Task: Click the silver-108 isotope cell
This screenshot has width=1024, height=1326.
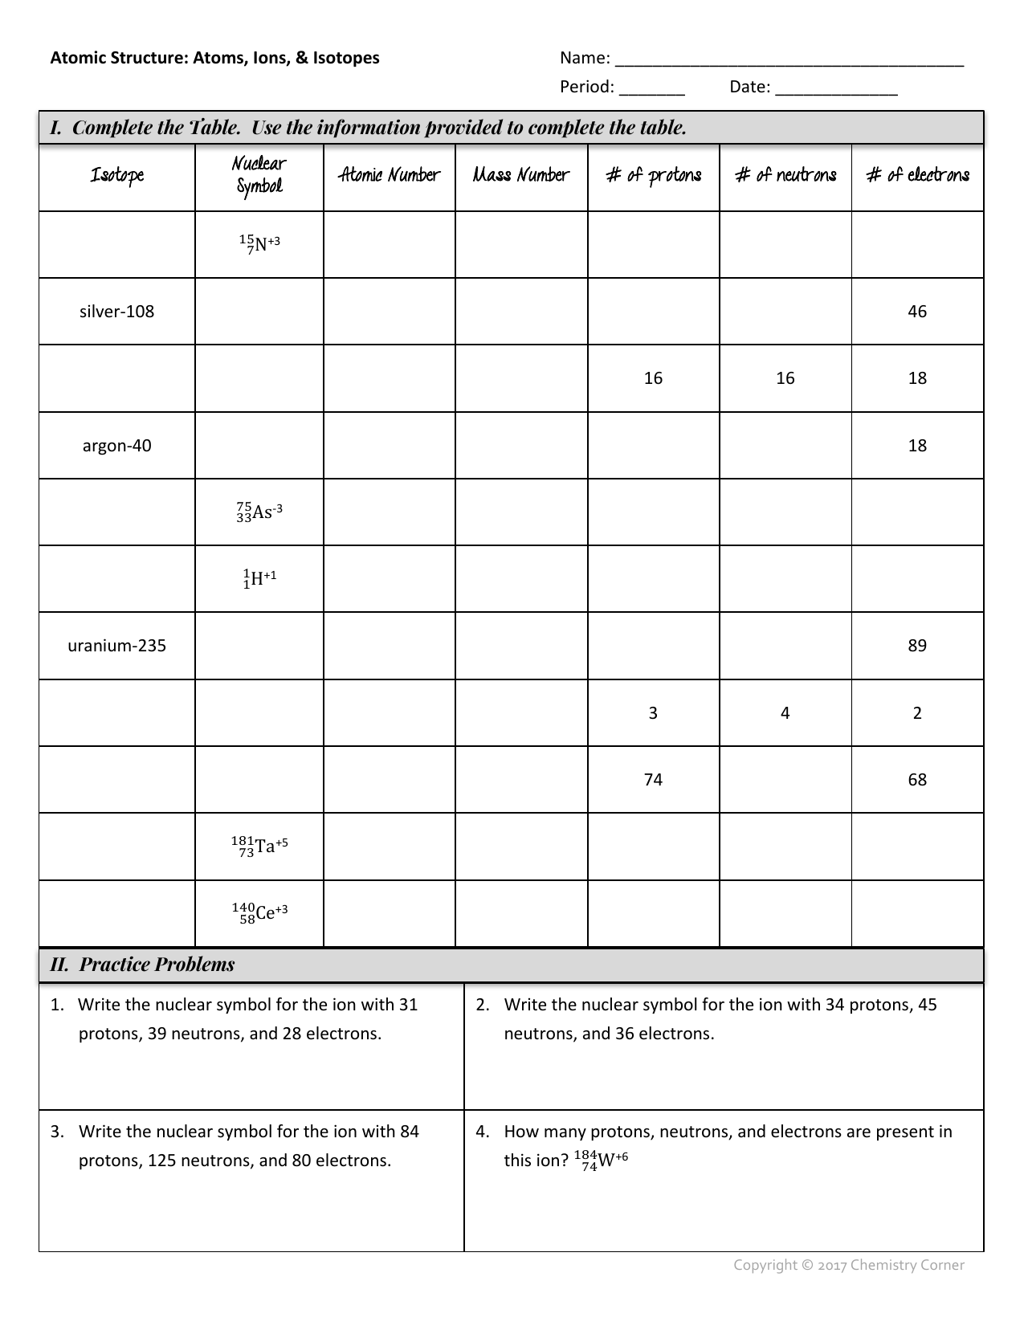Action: (116, 312)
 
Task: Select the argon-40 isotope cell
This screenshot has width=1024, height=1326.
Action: (116, 446)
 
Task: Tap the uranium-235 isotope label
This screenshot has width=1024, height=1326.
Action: (116, 646)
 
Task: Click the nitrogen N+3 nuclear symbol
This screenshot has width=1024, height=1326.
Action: (259, 243)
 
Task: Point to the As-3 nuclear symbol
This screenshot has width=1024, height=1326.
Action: (259, 512)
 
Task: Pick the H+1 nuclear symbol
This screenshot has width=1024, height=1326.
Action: (259, 578)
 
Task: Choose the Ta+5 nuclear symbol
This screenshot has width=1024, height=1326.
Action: (259, 846)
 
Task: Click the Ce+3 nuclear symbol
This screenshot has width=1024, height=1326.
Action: (259, 913)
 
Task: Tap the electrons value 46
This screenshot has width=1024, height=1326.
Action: (917, 312)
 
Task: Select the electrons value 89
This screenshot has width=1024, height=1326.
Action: (917, 646)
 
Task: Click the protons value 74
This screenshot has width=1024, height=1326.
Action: (653, 780)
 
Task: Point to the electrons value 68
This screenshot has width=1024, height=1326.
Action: (917, 780)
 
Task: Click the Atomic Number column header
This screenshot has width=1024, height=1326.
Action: (390, 175)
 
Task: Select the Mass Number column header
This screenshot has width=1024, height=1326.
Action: (521, 175)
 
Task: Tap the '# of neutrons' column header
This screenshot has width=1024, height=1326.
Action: (785, 175)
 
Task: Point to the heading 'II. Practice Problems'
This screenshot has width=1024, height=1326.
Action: (142, 965)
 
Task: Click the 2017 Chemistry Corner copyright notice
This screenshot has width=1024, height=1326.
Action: (849, 1265)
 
